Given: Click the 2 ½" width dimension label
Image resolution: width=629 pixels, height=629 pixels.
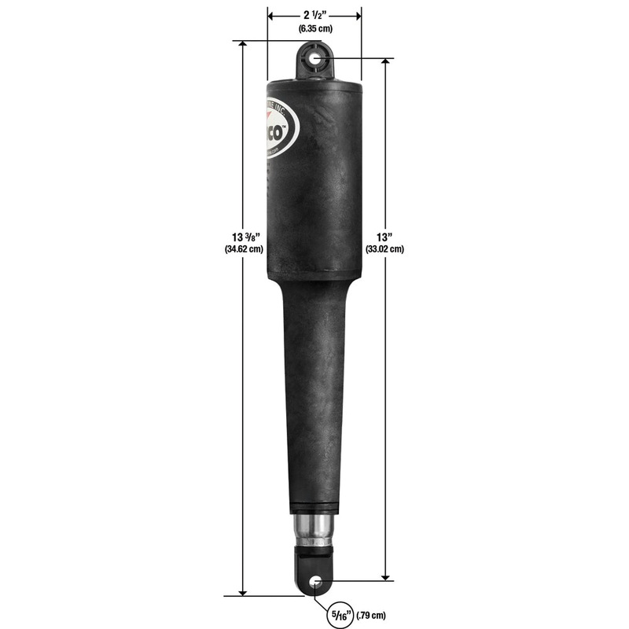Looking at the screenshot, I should pos(314,15).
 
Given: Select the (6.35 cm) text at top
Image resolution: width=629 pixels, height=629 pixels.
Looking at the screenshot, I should pos(314,29).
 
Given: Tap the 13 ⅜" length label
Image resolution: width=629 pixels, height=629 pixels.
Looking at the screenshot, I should pos(243,236).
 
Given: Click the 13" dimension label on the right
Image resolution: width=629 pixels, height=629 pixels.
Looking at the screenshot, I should pos(385,236).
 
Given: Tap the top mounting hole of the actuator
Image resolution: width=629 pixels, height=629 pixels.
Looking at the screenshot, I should pos(315,58).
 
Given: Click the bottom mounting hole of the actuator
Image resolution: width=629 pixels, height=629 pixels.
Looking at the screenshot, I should pos(315,582).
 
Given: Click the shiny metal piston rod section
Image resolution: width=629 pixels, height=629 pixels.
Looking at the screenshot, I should pos(315,528).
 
